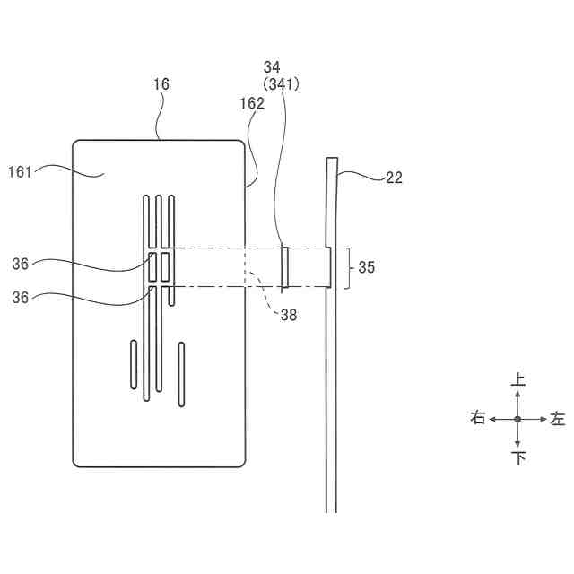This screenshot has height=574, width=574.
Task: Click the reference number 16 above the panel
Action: (161, 84)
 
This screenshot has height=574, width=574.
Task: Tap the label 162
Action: (252, 103)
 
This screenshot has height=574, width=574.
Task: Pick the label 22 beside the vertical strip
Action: (394, 178)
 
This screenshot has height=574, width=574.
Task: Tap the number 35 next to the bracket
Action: (368, 267)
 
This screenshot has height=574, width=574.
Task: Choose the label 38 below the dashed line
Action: (287, 314)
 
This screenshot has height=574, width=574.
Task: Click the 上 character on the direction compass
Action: (517, 380)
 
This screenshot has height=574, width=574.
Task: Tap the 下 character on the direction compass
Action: (517, 458)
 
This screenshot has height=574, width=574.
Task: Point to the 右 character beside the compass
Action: (478, 419)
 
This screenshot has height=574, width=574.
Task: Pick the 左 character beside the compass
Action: (558, 419)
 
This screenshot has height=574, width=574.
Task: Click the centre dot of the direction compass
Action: (517, 419)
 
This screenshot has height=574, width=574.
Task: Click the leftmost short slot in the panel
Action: (135, 364)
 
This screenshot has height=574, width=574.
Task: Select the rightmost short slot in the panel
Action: (181, 373)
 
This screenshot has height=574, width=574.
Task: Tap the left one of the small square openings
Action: (153, 266)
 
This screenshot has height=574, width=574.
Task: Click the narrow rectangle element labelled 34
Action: (285, 267)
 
